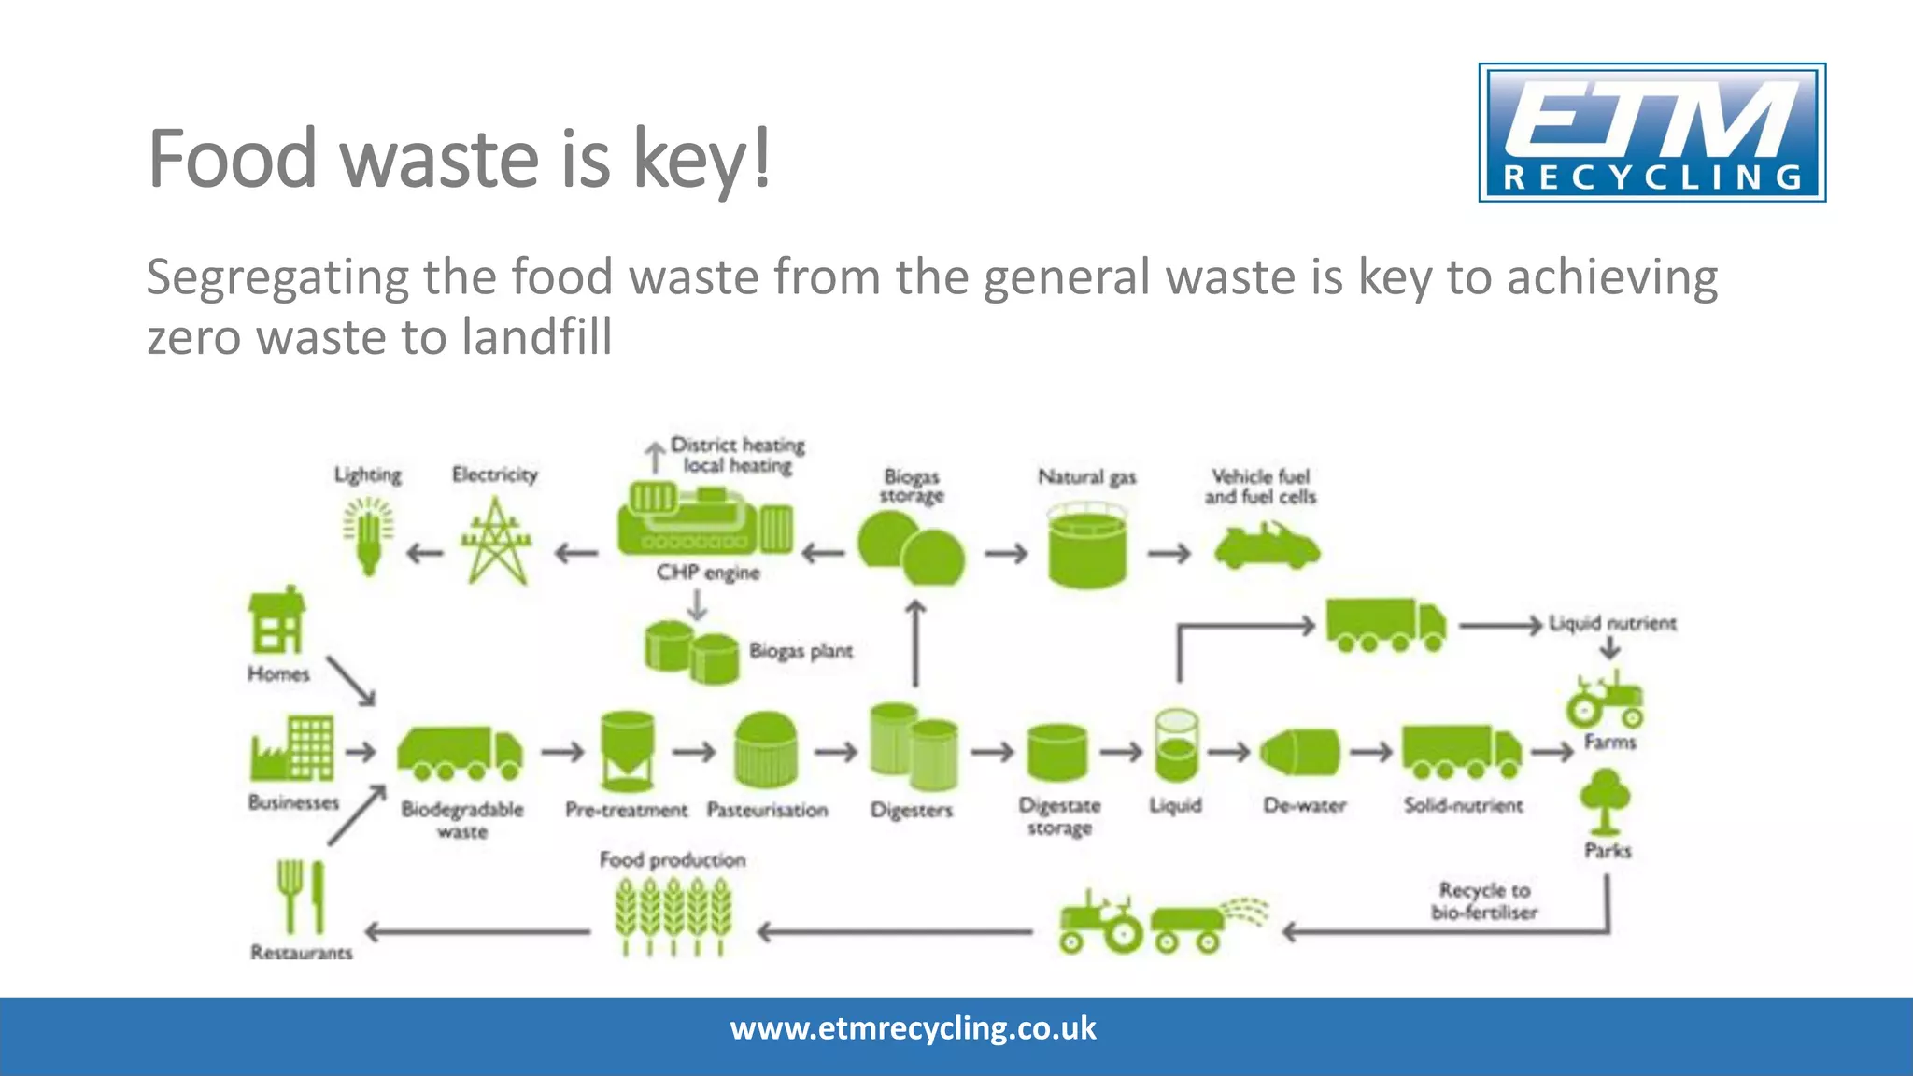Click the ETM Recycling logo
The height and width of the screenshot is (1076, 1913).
(x=1651, y=133)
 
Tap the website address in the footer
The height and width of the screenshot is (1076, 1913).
(x=913, y=1028)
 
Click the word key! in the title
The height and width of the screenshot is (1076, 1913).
(x=702, y=159)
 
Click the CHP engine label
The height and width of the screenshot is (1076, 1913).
(x=708, y=573)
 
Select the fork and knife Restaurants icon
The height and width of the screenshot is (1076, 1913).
(x=301, y=897)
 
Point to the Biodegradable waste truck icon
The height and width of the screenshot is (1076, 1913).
(x=460, y=753)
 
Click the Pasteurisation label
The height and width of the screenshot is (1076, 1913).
(x=767, y=810)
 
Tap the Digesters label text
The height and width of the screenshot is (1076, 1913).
(x=912, y=810)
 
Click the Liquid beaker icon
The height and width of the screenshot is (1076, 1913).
(x=1176, y=745)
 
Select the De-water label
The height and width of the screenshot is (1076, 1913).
(x=1304, y=805)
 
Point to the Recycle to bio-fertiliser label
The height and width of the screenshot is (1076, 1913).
(x=1484, y=901)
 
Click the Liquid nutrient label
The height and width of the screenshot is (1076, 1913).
(x=1612, y=623)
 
